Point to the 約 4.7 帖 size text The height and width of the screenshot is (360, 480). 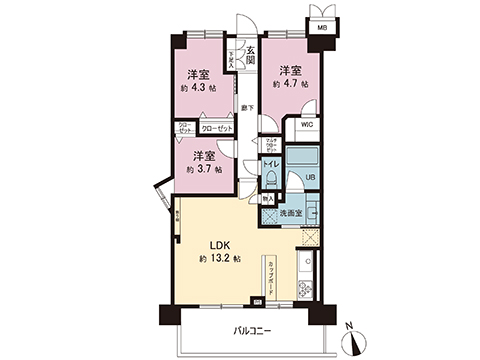click(290, 84)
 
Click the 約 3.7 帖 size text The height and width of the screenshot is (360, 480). click(204, 170)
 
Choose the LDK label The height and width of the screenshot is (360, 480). click(220, 245)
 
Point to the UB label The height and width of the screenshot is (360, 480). click(310, 177)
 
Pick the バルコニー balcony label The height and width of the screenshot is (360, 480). click(253, 328)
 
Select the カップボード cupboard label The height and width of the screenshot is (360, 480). click(272, 272)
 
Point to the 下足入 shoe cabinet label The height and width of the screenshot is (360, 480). click(232, 59)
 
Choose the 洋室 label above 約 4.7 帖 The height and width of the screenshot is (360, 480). click(290, 70)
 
